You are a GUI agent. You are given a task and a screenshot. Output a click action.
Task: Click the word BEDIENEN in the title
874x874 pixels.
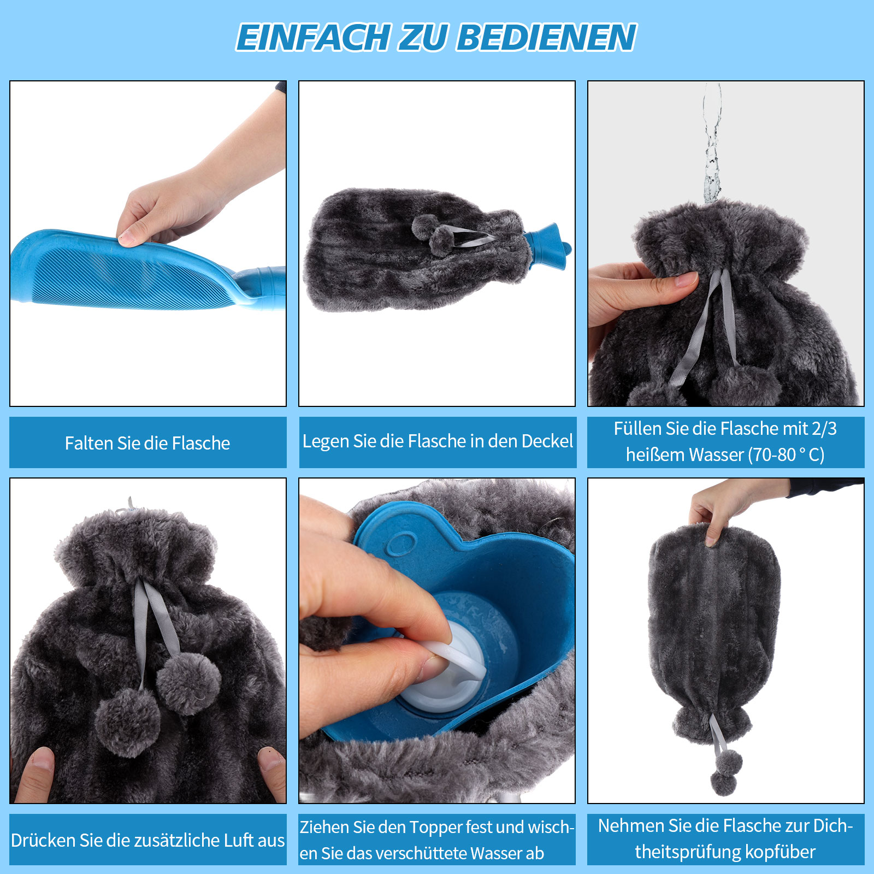point(547,37)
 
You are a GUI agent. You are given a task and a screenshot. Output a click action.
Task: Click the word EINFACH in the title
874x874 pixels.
point(312,37)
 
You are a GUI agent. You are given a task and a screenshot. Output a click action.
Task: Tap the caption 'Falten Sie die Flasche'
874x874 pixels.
point(147,443)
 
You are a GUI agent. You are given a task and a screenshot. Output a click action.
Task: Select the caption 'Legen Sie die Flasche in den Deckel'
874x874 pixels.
point(438,441)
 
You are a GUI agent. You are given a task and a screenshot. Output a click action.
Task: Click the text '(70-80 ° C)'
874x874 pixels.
point(787,454)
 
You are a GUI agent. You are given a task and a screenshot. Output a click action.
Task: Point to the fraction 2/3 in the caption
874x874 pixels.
point(824,429)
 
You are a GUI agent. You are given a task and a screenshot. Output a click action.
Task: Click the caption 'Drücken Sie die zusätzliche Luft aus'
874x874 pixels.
point(147,840)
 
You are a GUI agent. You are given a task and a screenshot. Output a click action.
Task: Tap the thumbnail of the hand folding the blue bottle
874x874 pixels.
point(148,244)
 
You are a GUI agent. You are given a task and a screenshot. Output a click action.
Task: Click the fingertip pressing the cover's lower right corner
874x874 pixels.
point(271,759)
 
